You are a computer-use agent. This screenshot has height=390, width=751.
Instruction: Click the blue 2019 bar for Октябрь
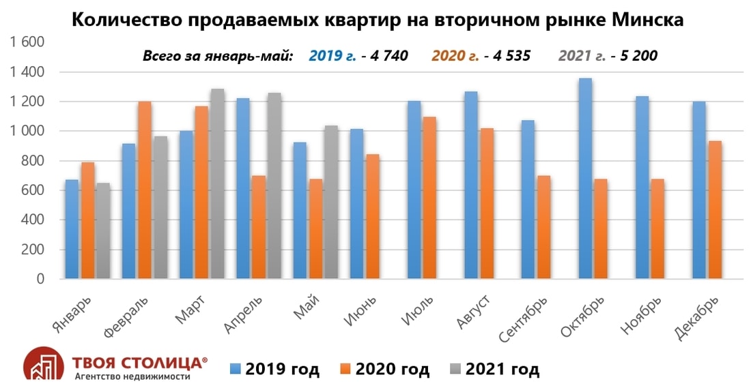point(585,179)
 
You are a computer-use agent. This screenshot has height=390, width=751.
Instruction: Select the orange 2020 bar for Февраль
point(144,190)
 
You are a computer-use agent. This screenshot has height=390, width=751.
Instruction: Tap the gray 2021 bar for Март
point(217,183)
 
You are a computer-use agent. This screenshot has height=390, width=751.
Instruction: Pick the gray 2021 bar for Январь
point(103,231)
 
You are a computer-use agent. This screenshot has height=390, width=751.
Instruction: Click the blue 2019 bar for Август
point(471,185)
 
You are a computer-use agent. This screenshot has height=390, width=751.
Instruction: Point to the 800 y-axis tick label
point(32,161)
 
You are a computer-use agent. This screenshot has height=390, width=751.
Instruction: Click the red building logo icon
point(45,363)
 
